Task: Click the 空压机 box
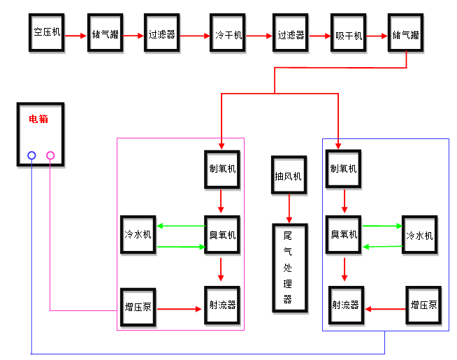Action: [47, 32]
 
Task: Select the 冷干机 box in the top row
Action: [228, 33]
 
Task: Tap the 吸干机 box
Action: [349, 34]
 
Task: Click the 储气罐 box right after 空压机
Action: [105, 33]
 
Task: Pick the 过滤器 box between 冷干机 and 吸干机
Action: [291, 34]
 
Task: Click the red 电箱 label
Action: [38, 119]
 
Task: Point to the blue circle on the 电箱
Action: [31, 155]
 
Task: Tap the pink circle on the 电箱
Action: [50, 155]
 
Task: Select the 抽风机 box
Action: [288, 176]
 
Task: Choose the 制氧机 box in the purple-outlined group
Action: [222, 169]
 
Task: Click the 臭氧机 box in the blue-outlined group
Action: [344, 234]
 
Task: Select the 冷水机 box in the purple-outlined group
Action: [138, 234]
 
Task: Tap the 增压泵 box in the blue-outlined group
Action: [424, 305]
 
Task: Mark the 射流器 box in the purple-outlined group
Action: [222, 305]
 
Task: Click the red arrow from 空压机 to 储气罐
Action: [75, 34]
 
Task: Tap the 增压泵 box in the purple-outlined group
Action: [138, 307]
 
